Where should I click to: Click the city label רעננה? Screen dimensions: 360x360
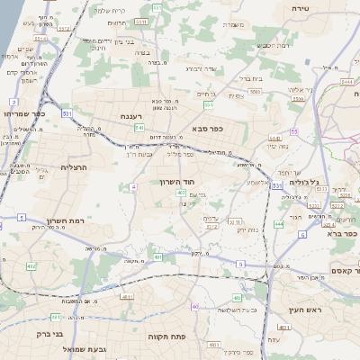[137, 116]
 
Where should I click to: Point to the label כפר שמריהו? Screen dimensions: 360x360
[22, 113]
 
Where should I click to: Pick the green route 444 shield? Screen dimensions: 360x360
[279, 223]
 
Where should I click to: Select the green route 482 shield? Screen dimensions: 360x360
[31, 266]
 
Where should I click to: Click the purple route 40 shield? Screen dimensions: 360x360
[194, 307]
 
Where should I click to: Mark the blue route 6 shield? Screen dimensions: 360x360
[302, 234]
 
